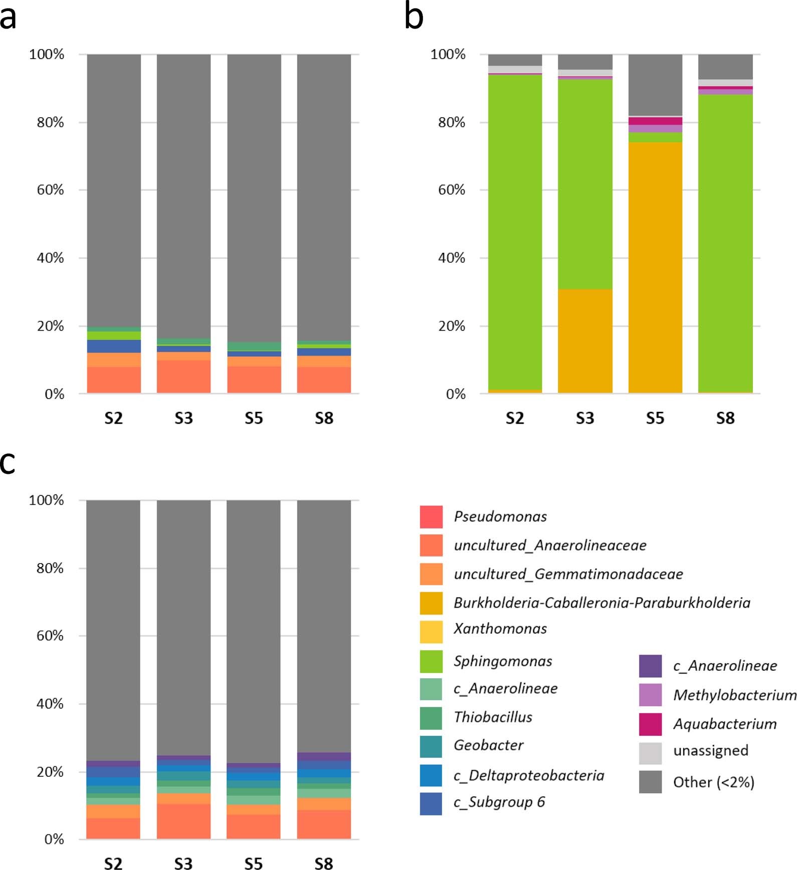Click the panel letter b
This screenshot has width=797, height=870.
[414, 17]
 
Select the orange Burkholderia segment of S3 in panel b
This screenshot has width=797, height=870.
[585, 341]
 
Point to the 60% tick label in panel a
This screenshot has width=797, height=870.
[50, 190]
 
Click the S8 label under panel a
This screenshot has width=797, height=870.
[324, 418]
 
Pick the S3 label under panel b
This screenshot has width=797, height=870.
[585, 418]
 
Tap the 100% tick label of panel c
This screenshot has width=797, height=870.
[46, 500]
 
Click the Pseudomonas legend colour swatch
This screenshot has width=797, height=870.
[431, 517]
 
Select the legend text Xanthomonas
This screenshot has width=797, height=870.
[500, 629]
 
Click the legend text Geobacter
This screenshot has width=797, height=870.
[488, 745]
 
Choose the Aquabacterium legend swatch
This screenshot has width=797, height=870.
[650, 724]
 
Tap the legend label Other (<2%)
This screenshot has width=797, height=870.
[713, 782]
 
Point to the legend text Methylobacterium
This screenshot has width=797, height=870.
[734, 695]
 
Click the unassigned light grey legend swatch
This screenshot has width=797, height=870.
[650, 753]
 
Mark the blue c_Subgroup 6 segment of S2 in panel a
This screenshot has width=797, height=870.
[114, 346]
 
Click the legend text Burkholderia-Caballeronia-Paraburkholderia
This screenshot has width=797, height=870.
[602, 603]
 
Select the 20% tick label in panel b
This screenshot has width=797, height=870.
[451, 326]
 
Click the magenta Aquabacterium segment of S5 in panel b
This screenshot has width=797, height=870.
[655, 121]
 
